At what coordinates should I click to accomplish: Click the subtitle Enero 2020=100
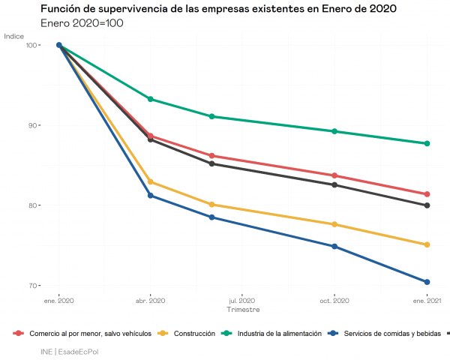tap(82, 23)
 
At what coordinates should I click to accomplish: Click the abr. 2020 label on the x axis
tap(151, 301)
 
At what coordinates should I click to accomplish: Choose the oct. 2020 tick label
tap(334, 301)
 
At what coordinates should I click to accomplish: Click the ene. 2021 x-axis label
tap(427, 301)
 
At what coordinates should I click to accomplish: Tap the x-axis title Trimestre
tap(243, 309)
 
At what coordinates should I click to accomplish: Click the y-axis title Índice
tap(13, 36)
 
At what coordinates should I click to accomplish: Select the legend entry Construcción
tap(193, 333)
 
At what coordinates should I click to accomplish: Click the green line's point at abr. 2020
tap(151, 99)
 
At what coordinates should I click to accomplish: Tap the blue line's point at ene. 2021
tap(427, 282)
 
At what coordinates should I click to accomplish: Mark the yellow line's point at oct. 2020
tap(334, 224)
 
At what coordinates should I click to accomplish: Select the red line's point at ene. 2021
tap(427, 194)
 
